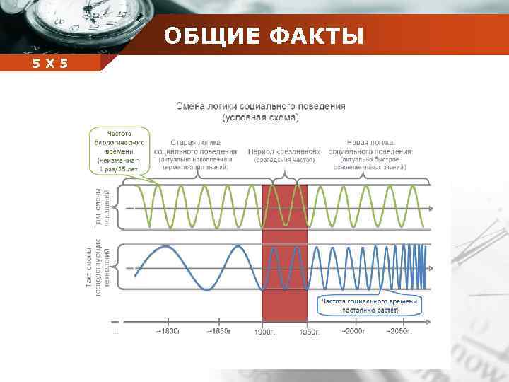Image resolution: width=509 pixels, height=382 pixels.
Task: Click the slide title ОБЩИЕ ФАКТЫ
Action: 264,35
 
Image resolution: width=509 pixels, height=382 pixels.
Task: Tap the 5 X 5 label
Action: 49,64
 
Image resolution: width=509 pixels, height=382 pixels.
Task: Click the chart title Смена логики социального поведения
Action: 261,106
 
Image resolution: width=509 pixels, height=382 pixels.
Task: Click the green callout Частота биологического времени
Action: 119,149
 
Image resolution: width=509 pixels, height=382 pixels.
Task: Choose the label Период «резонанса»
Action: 284,151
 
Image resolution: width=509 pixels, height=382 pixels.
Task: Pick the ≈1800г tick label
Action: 170,331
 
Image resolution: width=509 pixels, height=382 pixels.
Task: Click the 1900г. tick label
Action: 264,331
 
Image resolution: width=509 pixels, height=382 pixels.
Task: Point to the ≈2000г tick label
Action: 354,331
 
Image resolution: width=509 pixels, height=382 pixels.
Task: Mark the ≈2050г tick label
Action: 400,331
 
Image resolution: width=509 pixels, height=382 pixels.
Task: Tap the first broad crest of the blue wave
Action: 164,247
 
